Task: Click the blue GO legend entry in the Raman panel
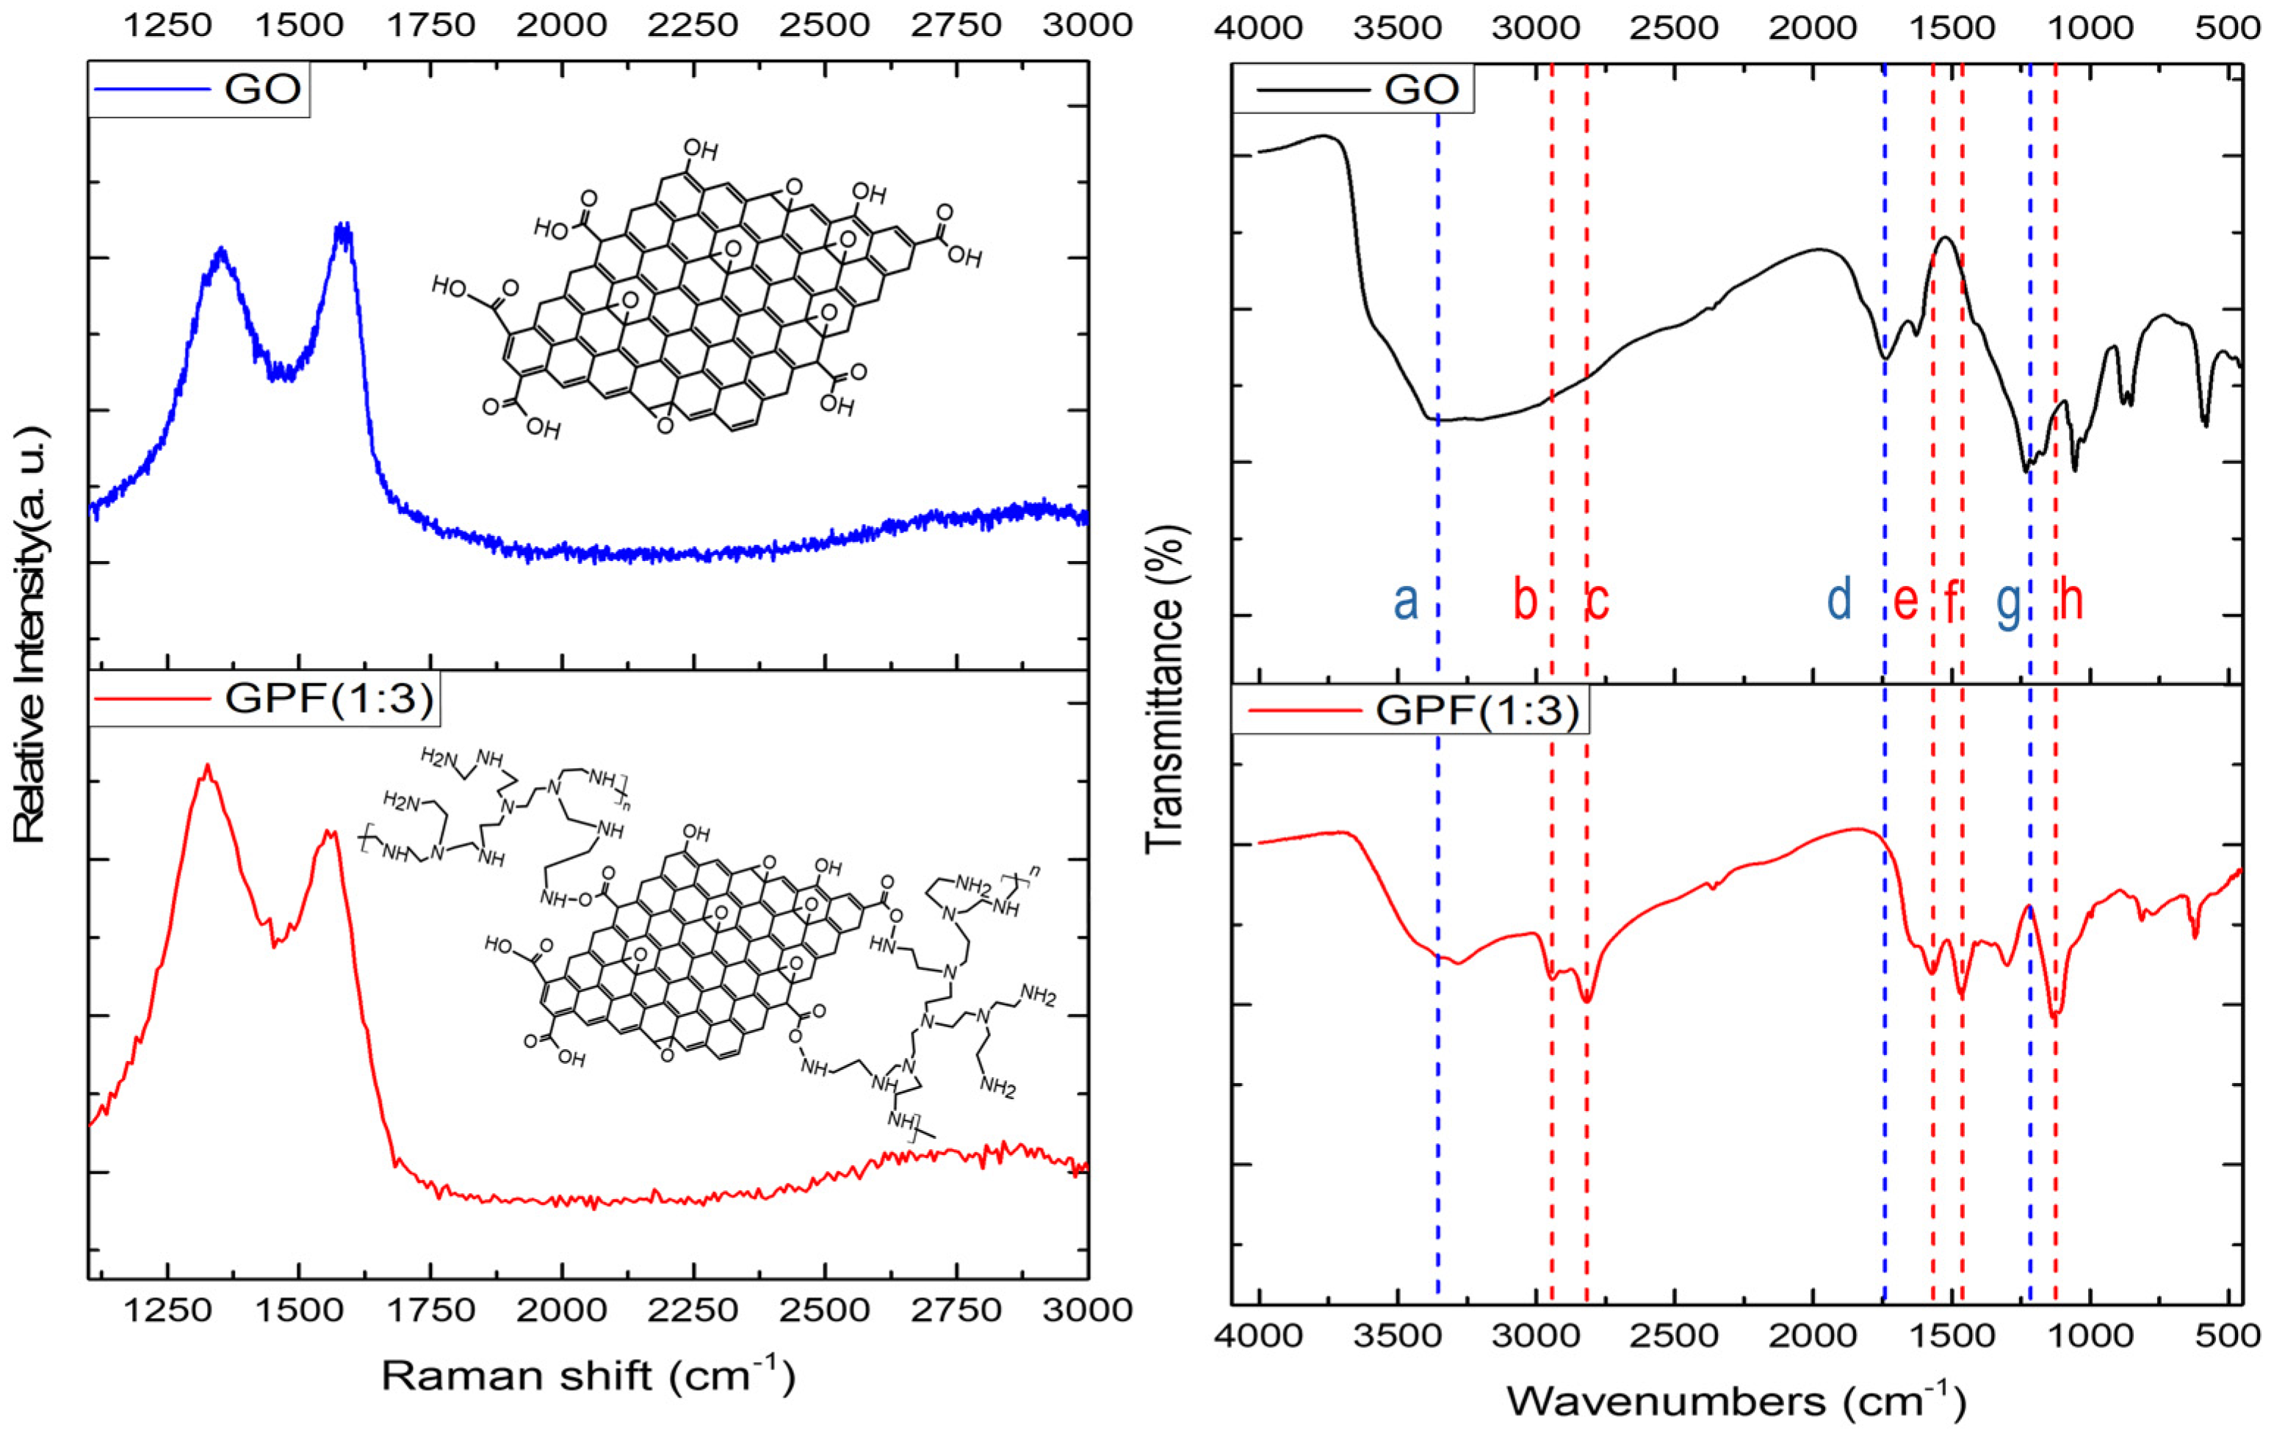coord(198,89)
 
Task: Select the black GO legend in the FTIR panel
coord(1352,89)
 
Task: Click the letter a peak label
coord(1406,601)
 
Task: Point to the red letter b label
coord(1524,601)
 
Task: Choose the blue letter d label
coord(1838,601)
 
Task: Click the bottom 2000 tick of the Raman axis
coord(562,1311)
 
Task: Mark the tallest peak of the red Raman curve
coord(207,766)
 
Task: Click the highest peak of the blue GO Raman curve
coord(342,228)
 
